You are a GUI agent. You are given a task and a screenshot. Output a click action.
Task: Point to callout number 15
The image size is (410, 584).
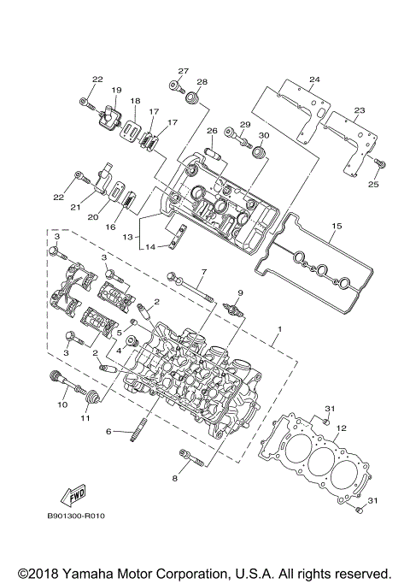pos(336,226)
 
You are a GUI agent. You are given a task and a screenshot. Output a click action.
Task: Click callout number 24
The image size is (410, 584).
pos(314,80)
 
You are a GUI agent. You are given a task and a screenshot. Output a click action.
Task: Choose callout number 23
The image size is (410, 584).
pos(359,110)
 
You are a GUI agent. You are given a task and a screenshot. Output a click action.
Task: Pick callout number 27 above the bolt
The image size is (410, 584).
pos(182,70)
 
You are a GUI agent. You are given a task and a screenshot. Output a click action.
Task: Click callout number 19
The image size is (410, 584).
pos(116,90)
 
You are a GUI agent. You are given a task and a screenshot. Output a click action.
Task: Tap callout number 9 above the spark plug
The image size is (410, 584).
pos(240,293)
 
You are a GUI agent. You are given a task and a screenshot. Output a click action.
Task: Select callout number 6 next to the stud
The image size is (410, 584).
pos(108,433)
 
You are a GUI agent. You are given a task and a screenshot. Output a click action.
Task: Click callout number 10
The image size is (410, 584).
pos(62,404)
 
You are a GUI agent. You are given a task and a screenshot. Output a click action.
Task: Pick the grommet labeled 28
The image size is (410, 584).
pos(193,100)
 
